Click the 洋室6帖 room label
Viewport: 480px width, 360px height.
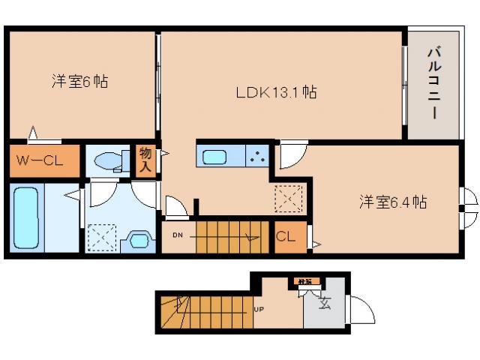coord(79,81)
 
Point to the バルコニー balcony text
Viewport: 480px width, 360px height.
coord(433,83)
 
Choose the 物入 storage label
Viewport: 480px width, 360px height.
coord(145,159)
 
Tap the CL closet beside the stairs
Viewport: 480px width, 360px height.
coord(286,237)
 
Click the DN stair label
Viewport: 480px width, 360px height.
coord(177,234)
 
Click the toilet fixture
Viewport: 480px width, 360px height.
coord(109,160)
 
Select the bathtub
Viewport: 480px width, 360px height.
coord(25,214)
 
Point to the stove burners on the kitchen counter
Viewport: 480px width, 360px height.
coord(258,157)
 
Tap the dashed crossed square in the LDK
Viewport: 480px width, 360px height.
coord(288,199)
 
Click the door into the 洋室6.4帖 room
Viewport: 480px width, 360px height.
coord(292,154)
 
